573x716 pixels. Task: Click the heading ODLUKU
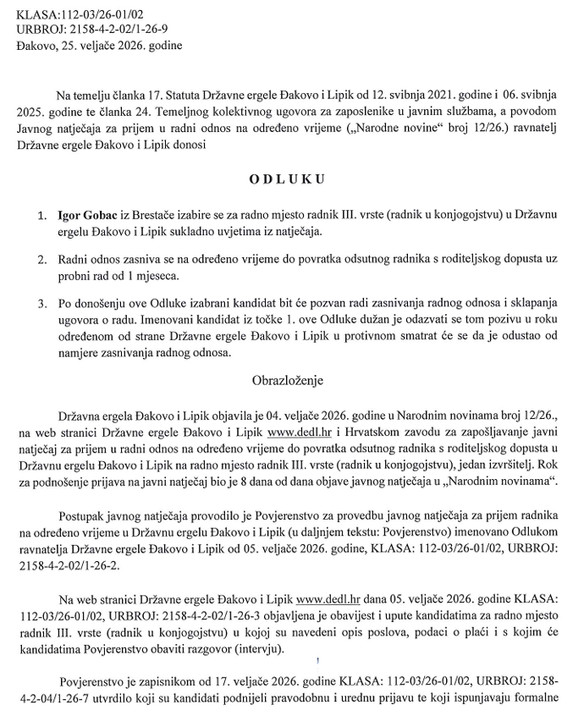(x=285, y=180)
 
